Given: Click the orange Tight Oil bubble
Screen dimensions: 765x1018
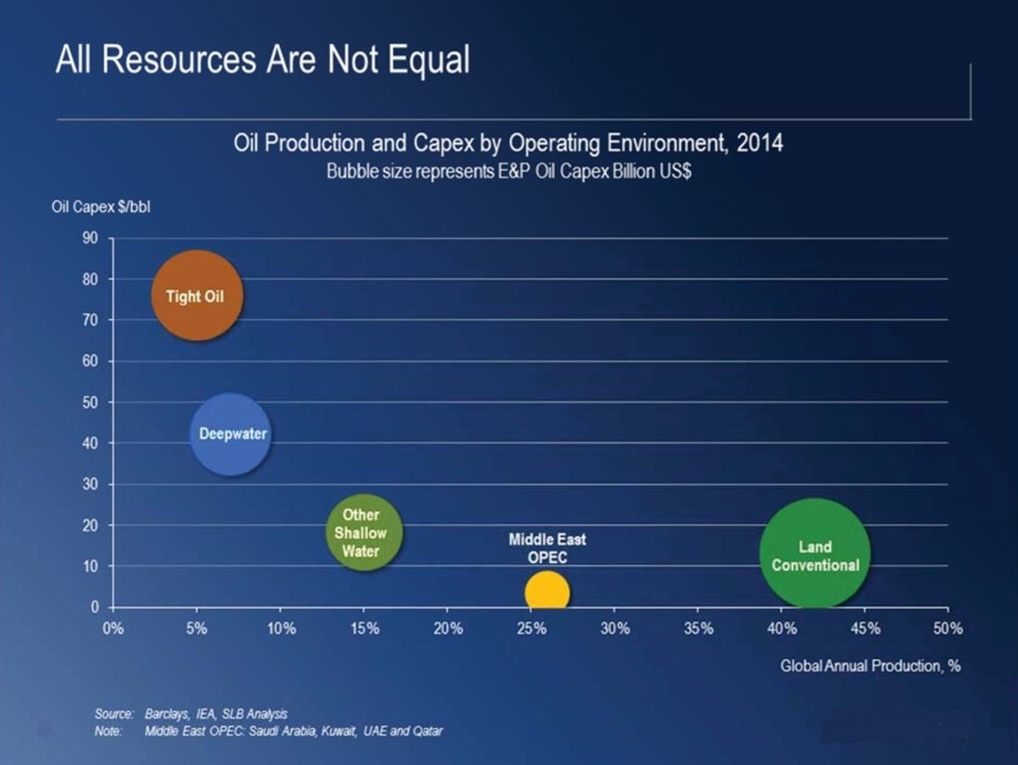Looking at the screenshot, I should pos(197,297).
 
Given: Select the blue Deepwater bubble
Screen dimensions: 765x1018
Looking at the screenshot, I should pos(231,434).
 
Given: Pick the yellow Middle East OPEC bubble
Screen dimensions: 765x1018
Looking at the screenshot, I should pos(547,592).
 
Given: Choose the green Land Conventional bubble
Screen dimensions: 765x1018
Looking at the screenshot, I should pos(814,555).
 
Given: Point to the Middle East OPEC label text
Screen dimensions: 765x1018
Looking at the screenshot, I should pos(547,548).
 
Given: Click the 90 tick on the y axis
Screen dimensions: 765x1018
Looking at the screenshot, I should pos(90,238).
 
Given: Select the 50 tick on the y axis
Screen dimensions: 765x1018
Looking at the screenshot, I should pos(90,402).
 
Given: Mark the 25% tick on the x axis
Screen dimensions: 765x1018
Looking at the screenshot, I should pos(531,628).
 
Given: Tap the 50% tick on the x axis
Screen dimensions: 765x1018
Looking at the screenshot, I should pos(947,628).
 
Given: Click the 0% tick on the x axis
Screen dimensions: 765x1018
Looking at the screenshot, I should pos(112,628).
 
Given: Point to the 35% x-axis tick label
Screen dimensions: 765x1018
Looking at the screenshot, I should pos(697,628).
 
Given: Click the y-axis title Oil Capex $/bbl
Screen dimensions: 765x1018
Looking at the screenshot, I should pos(100,206).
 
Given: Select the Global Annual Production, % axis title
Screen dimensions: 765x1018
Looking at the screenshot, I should pos(869,666).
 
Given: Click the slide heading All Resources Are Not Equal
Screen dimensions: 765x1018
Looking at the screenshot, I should pos(263,60).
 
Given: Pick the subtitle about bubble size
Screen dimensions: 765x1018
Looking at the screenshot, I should pos(509,173).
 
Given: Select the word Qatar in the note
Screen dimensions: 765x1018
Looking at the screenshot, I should pos(427,731).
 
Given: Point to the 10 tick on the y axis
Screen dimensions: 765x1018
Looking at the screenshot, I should pos(90,566).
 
